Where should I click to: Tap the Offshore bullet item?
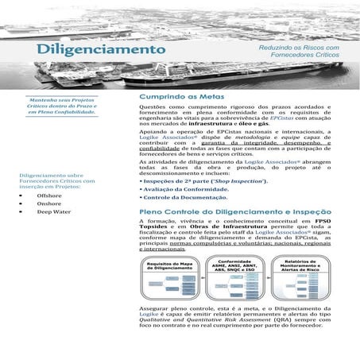pos(49,195)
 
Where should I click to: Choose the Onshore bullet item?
pos(48,203)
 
